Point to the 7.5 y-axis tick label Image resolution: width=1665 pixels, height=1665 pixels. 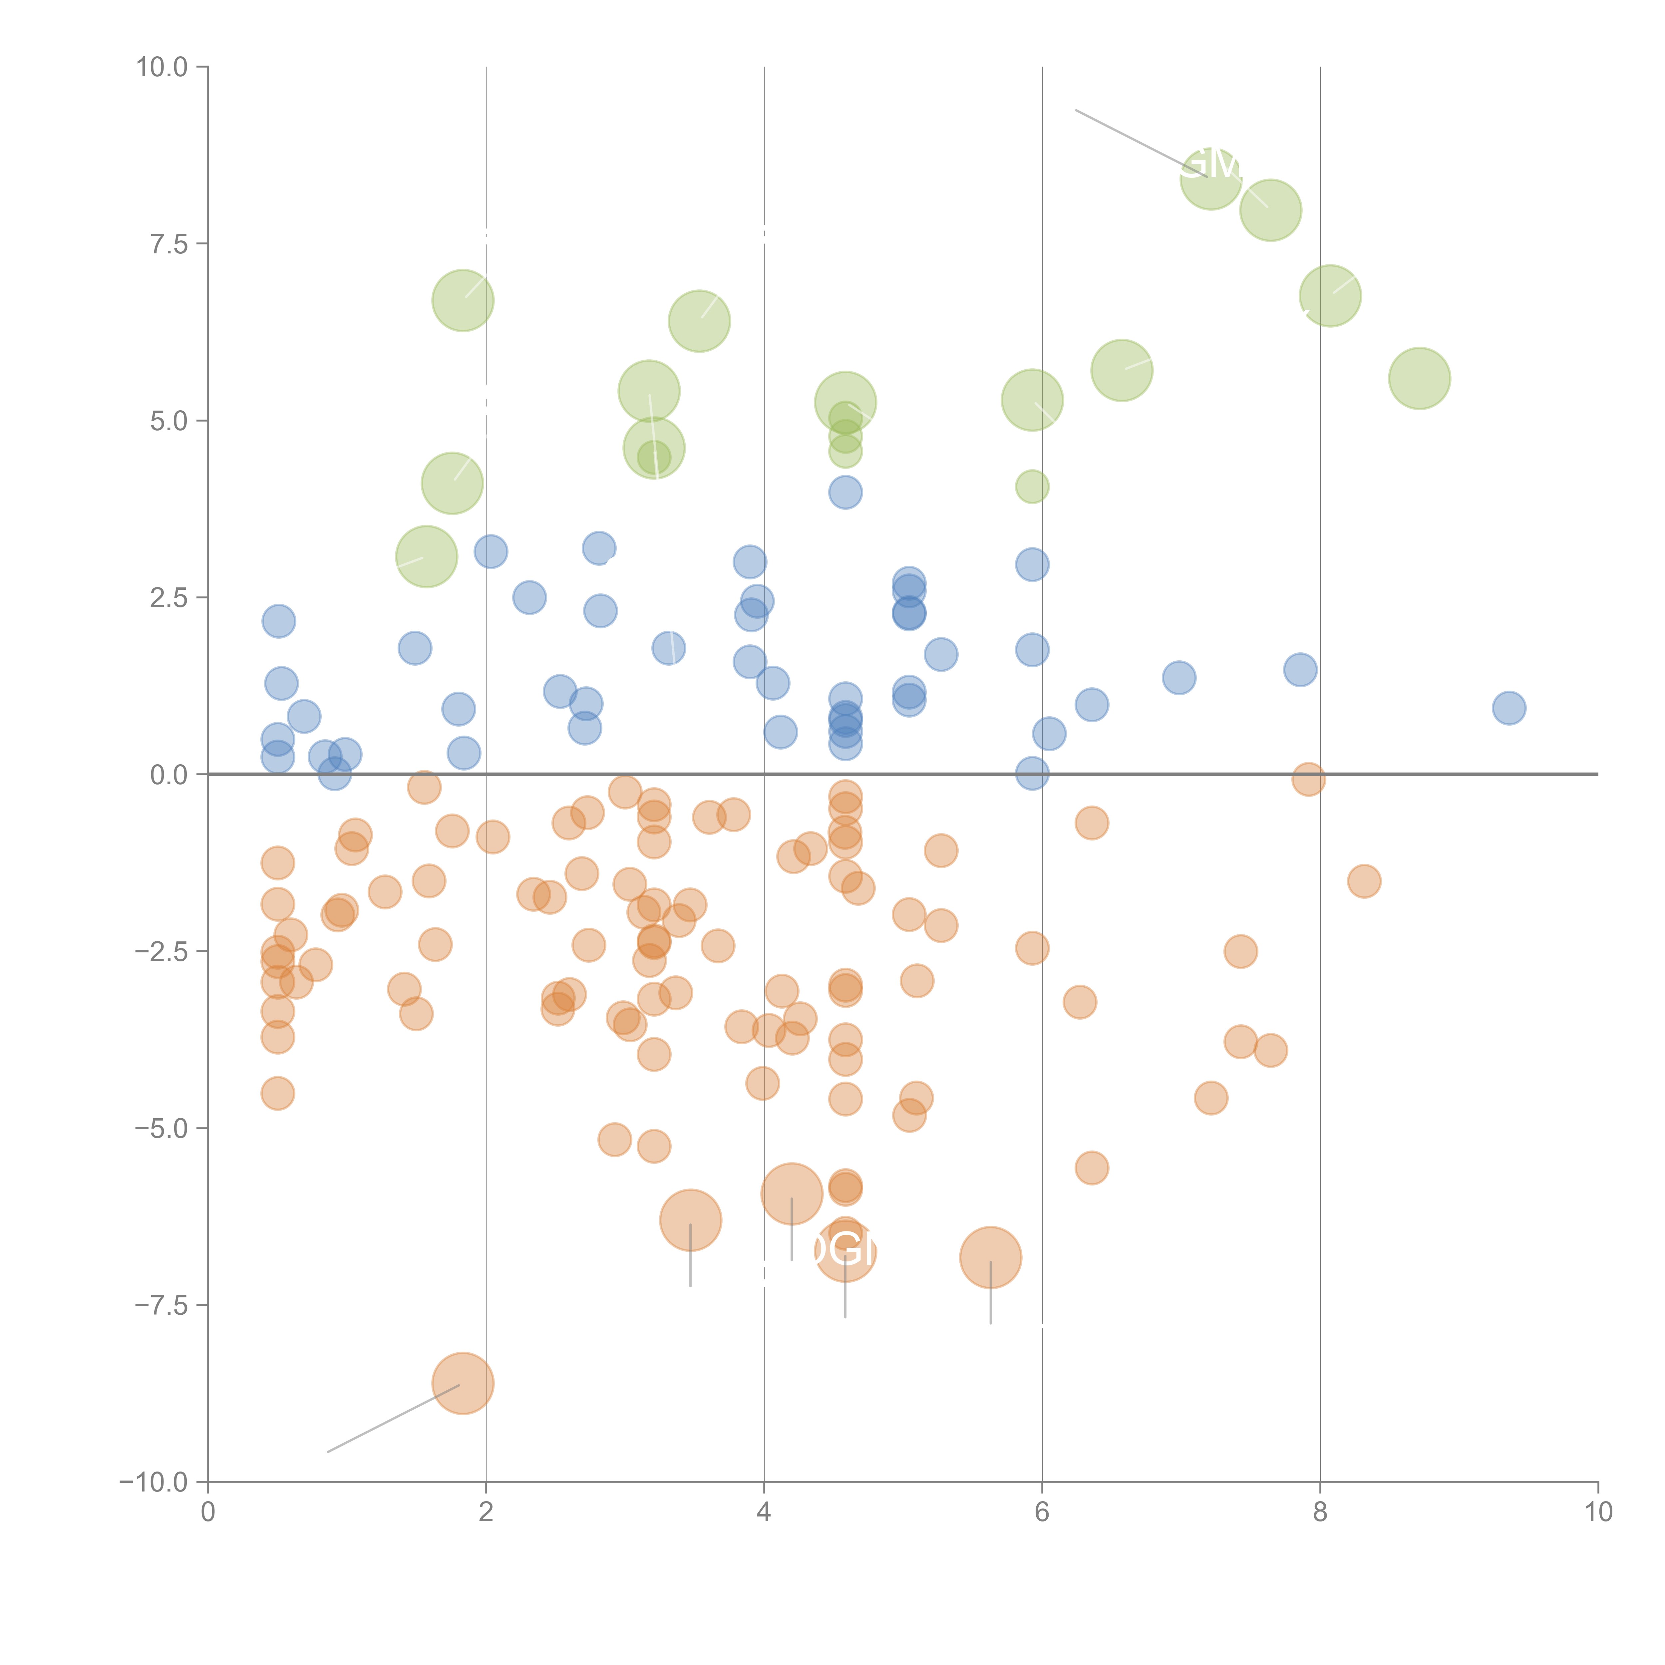(168, 244)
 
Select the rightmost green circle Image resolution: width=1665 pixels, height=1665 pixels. (1419, 378)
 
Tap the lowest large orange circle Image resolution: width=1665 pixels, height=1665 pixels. (463, 1383)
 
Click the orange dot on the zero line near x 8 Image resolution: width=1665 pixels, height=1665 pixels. (1308, 779)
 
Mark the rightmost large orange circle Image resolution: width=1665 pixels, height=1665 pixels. (990, 1257)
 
